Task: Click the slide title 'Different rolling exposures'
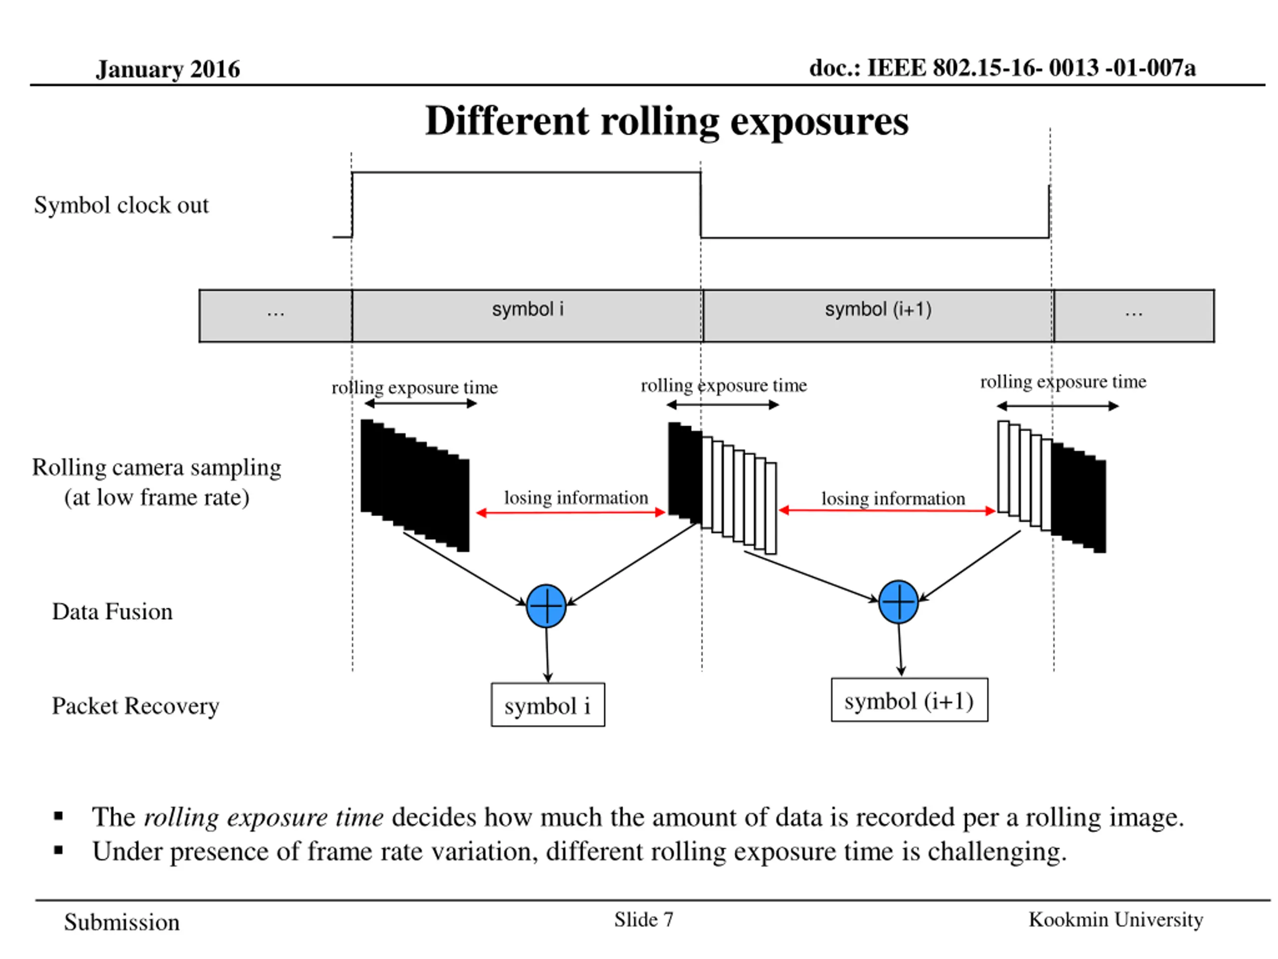point(667,122)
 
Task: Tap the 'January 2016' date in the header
point(168,69)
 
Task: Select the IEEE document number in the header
point(1002,68)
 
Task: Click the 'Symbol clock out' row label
point(121,205)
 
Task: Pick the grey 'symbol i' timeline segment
point(527,316)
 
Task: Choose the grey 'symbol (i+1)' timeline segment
point(878,316)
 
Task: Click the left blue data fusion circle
point(546,606)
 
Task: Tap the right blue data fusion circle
point(899,602)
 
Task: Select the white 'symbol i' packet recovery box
point(548,705)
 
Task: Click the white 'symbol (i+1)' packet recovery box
point(910,700)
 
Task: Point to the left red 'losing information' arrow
point(571,513)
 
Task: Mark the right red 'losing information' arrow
point(887,510)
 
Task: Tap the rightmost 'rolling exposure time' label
point(1063,382)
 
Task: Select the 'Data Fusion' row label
point(112,611)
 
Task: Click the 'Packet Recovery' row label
point(136,706)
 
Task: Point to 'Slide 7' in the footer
point(643,920)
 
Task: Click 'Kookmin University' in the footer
point(1116,920)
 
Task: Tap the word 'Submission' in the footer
point(122,923)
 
